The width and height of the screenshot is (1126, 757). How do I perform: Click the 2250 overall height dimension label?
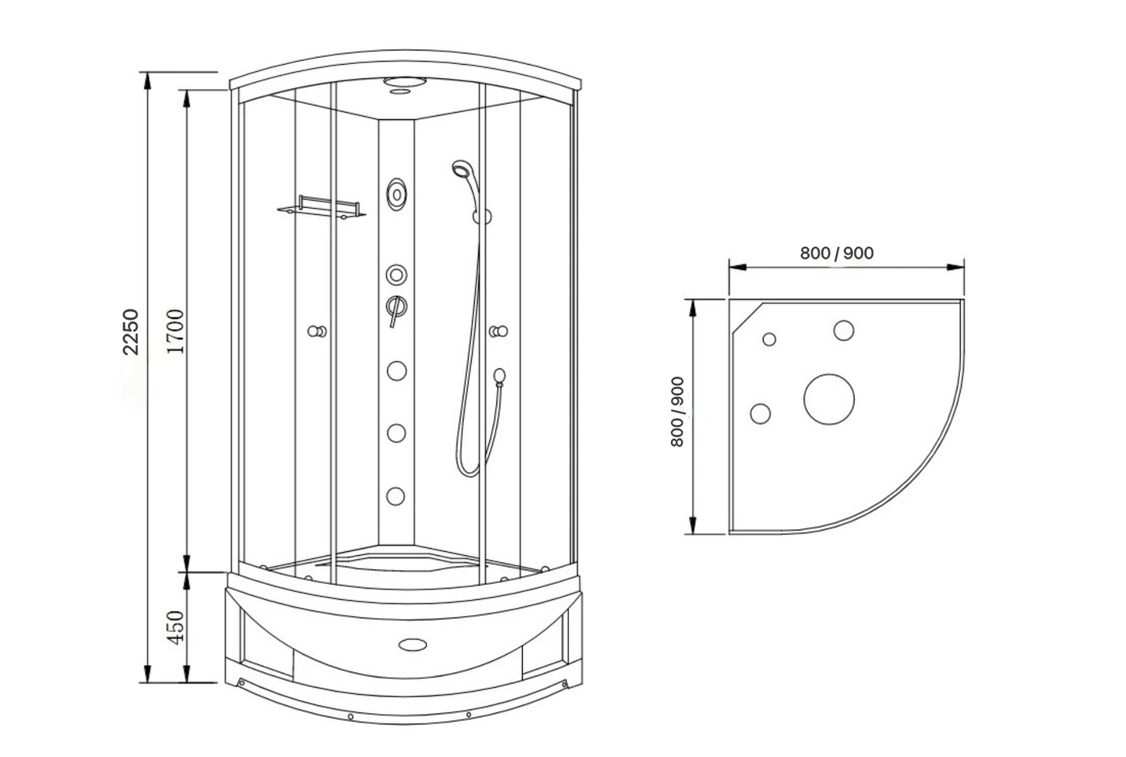131,331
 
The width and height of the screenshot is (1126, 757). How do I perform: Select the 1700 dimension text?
176,331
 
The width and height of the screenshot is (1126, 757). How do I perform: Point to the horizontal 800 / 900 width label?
836,253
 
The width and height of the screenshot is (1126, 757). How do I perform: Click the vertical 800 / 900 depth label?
677,412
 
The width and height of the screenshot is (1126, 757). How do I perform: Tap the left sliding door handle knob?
316,332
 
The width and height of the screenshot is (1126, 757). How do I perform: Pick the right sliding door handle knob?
499,332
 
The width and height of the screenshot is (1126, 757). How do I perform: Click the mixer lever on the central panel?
395,310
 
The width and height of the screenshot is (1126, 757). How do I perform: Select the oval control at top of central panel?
397,193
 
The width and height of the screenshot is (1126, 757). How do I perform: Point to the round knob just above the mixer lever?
396,274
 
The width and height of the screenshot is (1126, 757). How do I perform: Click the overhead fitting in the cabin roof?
402,83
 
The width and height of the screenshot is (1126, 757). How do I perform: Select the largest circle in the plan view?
829,401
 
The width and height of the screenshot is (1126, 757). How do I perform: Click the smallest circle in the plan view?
769,339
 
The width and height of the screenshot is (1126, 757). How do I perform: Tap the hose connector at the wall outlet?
499,377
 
